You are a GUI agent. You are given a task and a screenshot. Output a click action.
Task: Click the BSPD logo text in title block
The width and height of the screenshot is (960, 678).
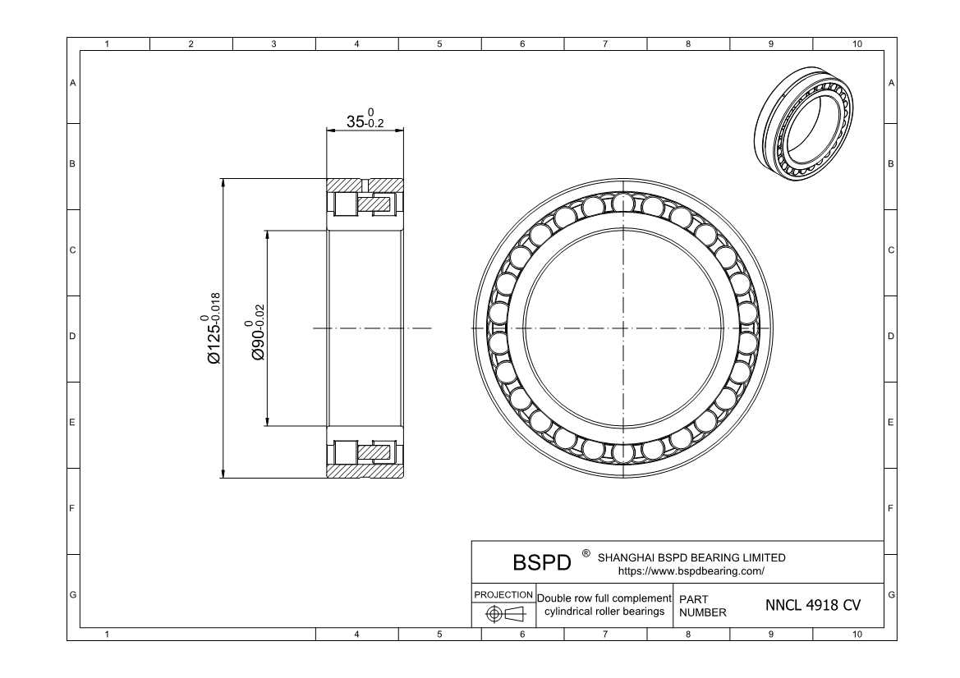pyautogui.click(x=541, y=564)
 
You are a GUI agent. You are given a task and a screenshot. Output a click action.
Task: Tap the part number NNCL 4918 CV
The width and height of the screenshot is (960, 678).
pyautogui.click(x=813, y=605)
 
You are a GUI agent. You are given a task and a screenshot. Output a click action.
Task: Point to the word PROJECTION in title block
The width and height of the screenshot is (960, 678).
pyautogui.click(x=503, y=594)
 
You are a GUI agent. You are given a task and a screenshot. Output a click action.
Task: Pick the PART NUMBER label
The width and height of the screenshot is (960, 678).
pyautogui.click(x=703, y=606)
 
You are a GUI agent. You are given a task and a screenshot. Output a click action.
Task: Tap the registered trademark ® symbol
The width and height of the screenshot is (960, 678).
pyautogui.click(x=586, y=553)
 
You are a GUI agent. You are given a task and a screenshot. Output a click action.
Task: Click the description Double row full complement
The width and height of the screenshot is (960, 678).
pyautogui.click(x=604, y=598)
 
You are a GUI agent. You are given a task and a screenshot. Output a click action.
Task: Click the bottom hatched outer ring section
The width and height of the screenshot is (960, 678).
pyautogui.click(x=365, y=471)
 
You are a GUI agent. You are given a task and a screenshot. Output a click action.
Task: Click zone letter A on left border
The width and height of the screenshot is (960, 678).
pyautogui.click(x=73, y=83)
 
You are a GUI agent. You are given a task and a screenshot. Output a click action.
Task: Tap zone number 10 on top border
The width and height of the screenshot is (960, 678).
pyautogui.click(x=857, y=44)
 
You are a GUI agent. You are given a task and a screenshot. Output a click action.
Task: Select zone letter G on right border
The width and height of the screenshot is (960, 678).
pyautogui.click(x=891, y=593)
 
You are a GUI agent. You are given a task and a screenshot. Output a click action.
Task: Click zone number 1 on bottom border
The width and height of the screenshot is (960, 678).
pyautogui.click(x=108, y=634)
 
